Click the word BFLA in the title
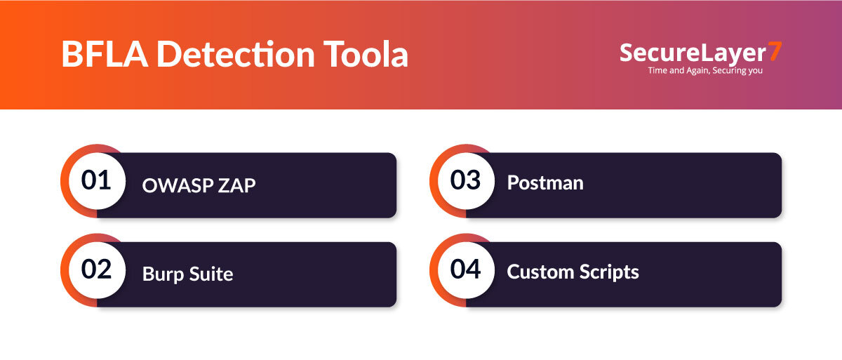[x=105, y=54]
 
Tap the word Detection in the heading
[x=236, y=54]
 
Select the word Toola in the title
[x=366, y=54]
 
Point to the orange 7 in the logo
[x=775, y=51]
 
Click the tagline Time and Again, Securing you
[x=705, y=70]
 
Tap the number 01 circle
[x=97, y=181]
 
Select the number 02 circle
[x=97, y=269]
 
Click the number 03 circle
[x=466, y=181]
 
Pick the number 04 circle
[x=466, y=269]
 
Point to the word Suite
[x=211, y=274]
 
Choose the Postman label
[x=545, y=183]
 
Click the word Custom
[x=540, y=272]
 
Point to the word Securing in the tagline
[x=729, y=71]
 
